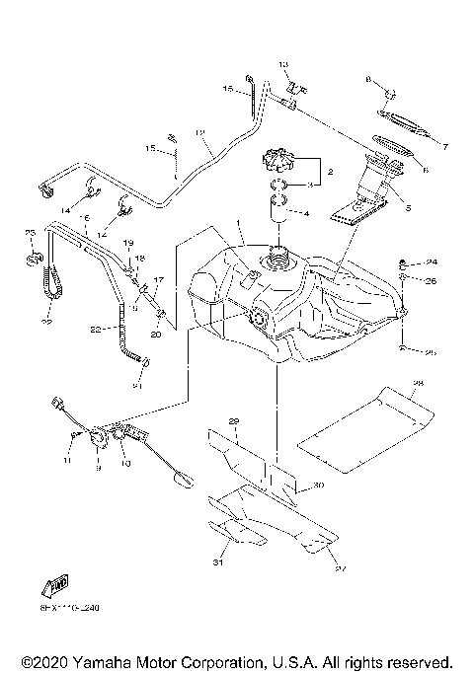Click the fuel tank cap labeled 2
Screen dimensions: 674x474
click(x=279, y=160)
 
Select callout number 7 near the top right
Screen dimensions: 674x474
click(x=444, y=147)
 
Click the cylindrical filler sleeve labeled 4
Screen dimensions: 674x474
click(x=278, y=209)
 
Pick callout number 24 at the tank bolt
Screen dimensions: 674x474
click(x=432, y=262)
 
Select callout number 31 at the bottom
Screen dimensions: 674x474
click(x=218, y=564)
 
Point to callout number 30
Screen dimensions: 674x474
click(x=318, y=486)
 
